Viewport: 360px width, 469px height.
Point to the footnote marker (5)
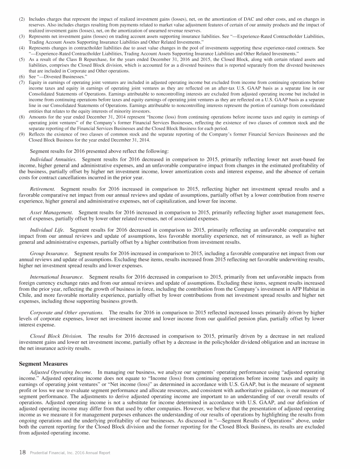[22, 60]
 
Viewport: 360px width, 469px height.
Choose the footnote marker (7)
[22, 83]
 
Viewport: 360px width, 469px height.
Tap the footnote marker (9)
[22, 134]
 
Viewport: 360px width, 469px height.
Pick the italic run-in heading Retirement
[43, 188]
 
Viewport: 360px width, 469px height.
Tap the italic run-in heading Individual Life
[47, 230]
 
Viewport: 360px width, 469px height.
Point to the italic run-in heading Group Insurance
[50, 253]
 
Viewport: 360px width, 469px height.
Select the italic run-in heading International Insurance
[57, 277]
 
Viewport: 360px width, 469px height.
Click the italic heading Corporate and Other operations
[67, 312]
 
